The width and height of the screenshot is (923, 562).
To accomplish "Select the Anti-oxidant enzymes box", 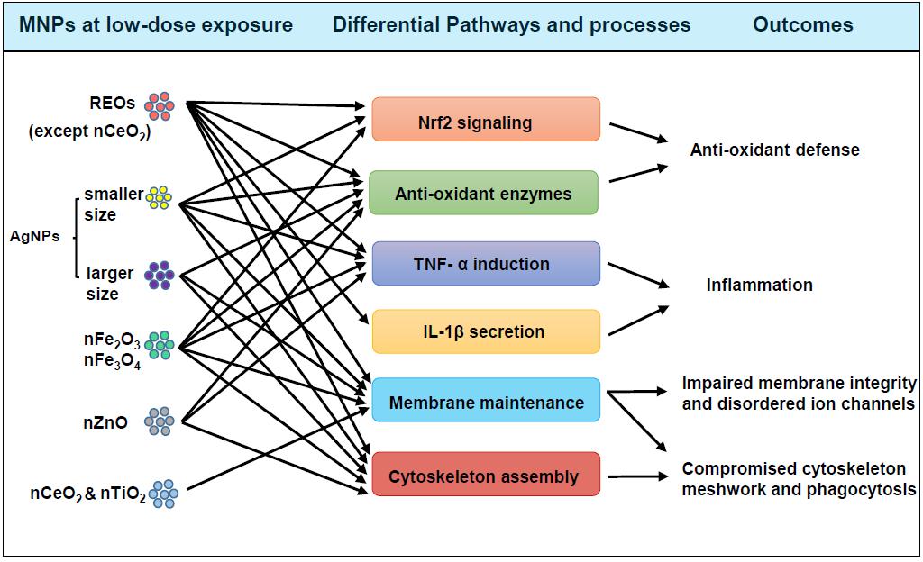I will [483, 193].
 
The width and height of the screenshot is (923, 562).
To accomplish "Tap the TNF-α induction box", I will [486, 264].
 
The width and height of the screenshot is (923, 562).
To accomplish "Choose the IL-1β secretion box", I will [486, 331].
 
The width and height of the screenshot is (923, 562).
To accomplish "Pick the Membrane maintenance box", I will [486, 402].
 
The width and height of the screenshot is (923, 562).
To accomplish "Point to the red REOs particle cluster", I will [160, 106].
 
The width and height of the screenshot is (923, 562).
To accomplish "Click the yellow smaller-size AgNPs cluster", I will [160, 198].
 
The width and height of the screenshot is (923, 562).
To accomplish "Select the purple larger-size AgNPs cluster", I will [160, 274].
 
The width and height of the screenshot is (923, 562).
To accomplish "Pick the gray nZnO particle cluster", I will [160, 421].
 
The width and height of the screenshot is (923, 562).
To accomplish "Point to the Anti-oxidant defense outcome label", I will [774, 150].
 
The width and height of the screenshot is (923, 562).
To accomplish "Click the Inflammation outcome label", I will [759, 285].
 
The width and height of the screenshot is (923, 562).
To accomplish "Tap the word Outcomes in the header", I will [802, 24].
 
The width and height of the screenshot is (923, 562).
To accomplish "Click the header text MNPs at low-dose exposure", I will [157, 24].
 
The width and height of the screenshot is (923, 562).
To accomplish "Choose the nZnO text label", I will [105, 421].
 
